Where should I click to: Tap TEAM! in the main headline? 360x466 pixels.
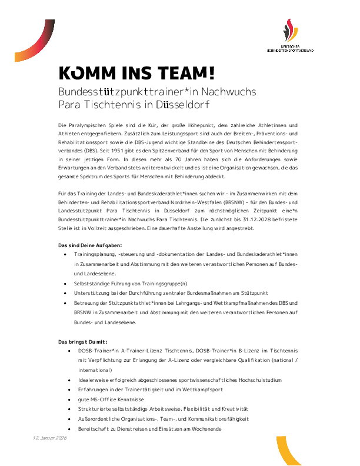186,74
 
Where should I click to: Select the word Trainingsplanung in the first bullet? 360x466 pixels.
95,254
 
